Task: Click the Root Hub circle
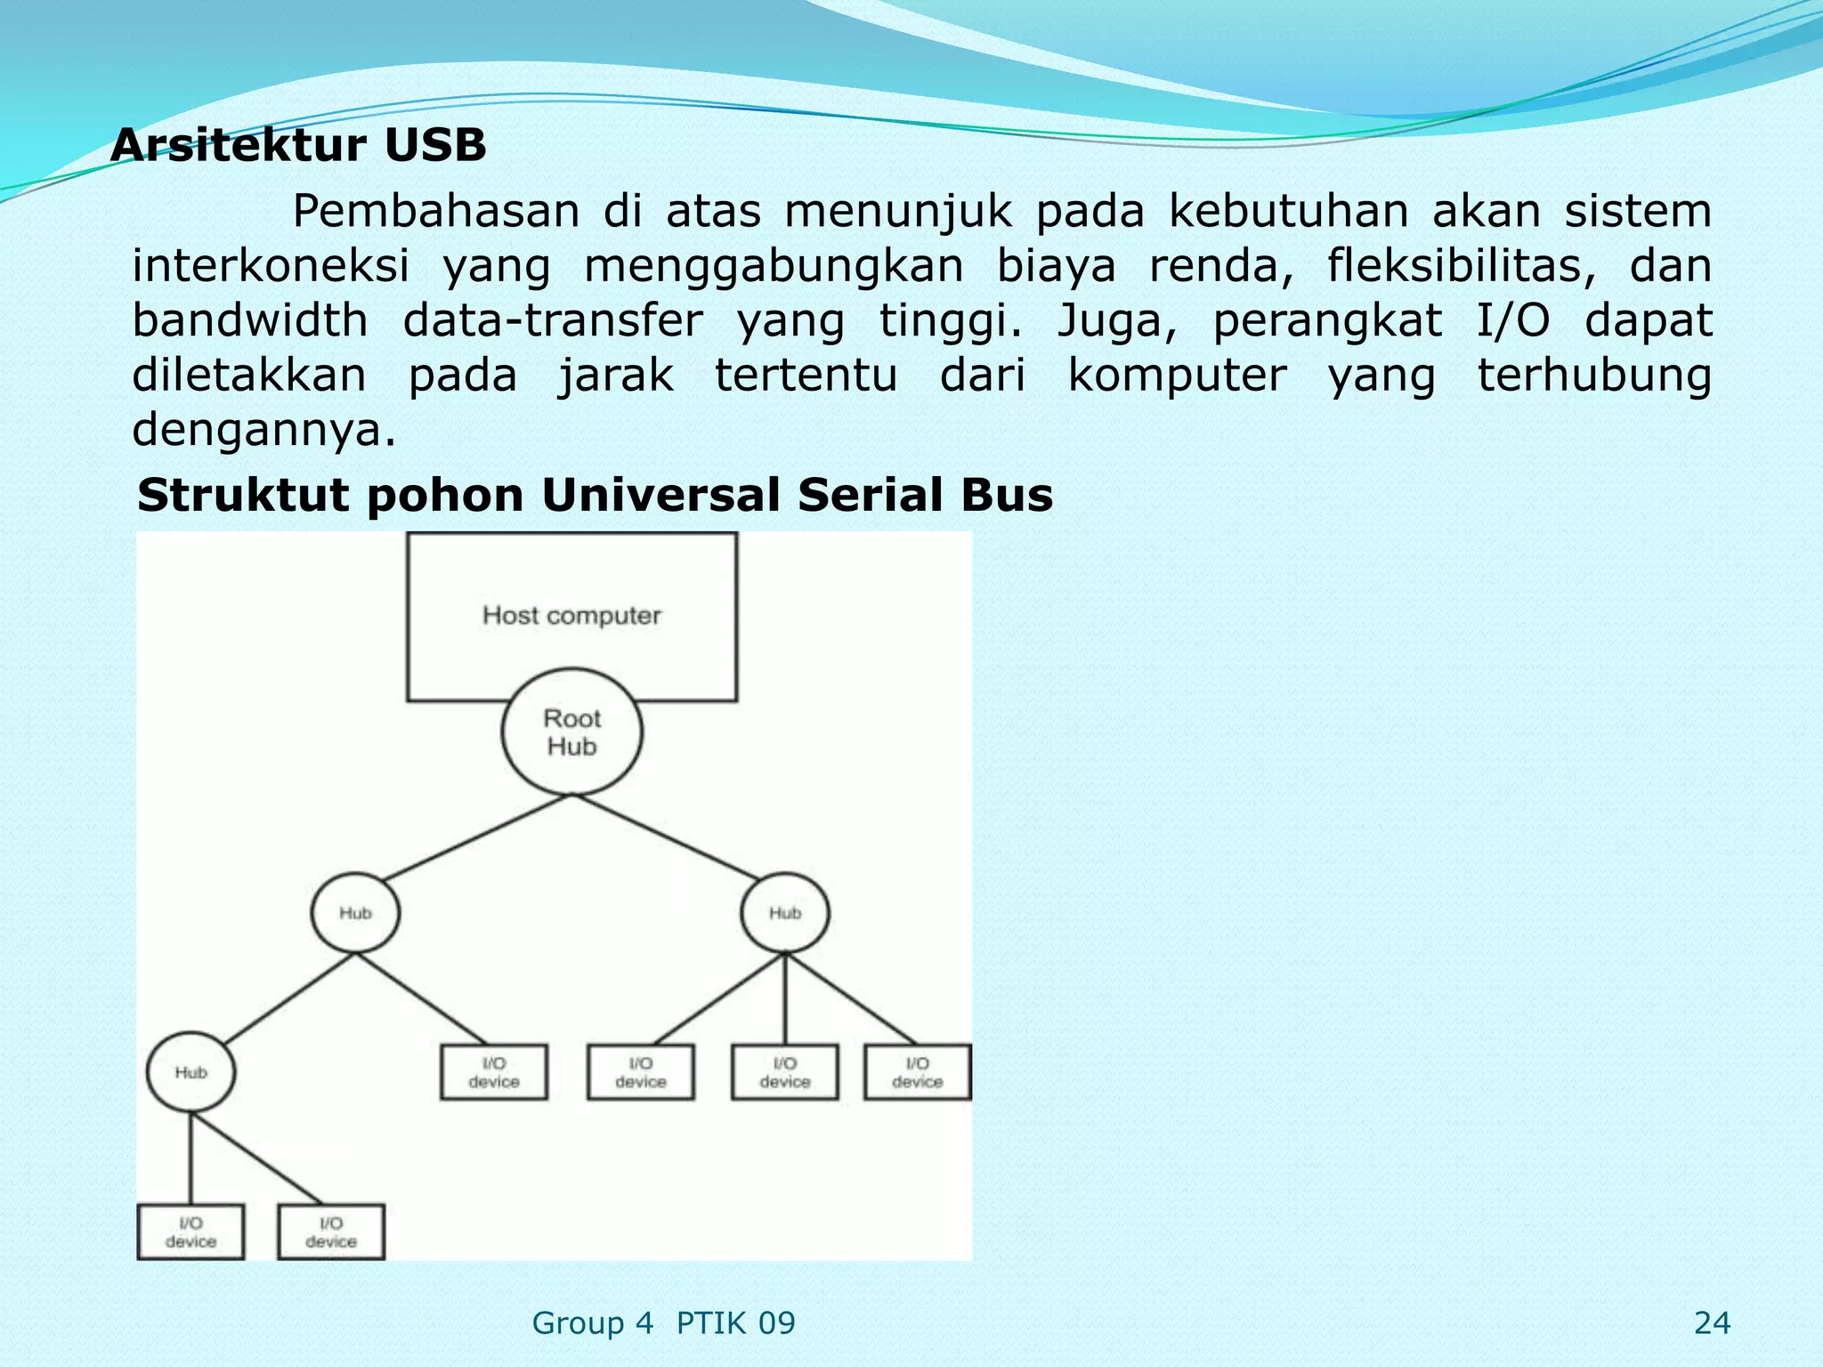click(571, 732)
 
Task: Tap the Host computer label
click(571, 615)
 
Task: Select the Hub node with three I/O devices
click(785, 913)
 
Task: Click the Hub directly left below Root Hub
click(355, 913)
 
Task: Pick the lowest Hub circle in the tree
click(190, 1072)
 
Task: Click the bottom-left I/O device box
click(190, 1232)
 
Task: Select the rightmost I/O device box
click(917, 1072)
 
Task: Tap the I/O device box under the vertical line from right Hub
click(785, 1072)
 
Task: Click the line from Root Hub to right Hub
click(677, 845)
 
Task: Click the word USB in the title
click(434, 145)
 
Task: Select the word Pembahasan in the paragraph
click(435, 212)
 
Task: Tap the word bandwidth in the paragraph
click(249, 320)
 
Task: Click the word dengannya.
click(263, 431)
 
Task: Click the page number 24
click(1712, 1323)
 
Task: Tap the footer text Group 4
click(592, 1323)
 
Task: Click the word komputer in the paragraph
click(1177, 376)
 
